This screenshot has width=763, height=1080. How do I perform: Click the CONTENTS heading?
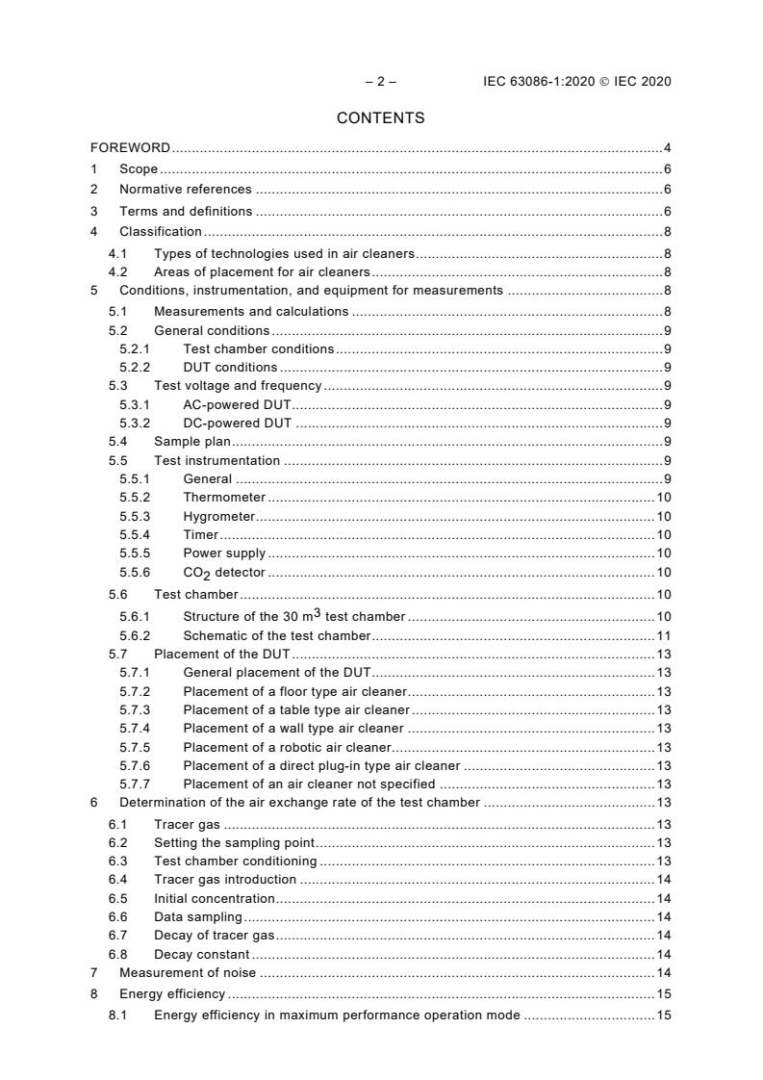(x=380, y=118)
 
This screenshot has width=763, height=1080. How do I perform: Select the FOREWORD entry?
(x=130, y=148)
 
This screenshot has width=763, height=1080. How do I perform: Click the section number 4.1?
(x=117, y=254)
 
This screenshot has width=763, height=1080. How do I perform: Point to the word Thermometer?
(x=224, y=498)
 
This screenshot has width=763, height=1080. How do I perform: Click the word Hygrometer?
(x=218, y=517)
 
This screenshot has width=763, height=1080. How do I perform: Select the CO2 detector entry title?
(x=223, y=573)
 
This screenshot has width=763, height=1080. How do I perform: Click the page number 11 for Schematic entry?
(x=663, y=636)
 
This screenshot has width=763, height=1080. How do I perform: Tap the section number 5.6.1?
(x=135, y=616)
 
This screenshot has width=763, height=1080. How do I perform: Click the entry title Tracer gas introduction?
(x=225, y=880)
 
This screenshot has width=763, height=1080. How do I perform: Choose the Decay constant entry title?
(x=201, y=955)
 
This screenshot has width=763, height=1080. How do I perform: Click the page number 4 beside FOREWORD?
(x=667, y=148)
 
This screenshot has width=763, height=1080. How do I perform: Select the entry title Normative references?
(x=185, y=190)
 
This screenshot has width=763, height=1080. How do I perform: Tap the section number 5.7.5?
(x=135, y=748)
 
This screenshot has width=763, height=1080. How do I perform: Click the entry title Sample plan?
(x=192, y=442)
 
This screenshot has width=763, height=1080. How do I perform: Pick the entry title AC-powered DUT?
(x=237, y=404)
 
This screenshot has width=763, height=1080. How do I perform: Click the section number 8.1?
(x=117, y=1016)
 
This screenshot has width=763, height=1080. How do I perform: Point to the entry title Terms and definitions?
(x=186, y=211)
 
